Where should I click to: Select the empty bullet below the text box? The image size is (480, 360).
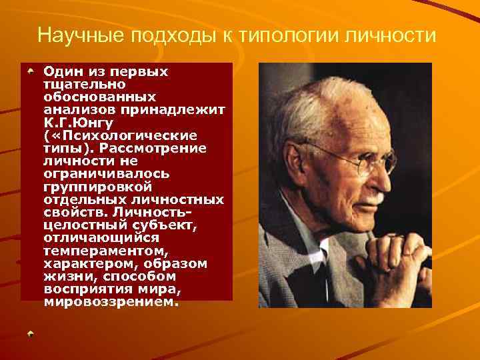coord(30,332)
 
